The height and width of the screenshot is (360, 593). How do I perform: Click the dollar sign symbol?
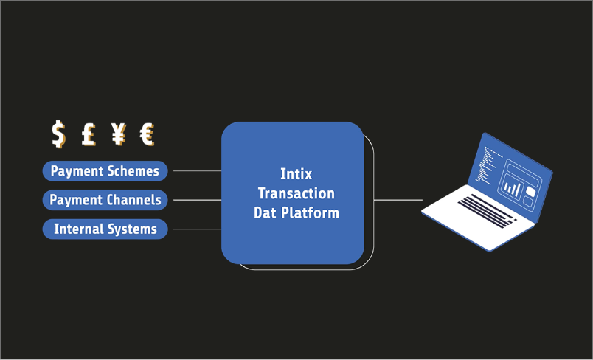coord(58,134)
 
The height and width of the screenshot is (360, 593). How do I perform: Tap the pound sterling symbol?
coord(89,134)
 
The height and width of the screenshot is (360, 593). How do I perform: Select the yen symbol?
coord(118,134)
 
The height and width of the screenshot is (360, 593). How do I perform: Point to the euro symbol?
coord(147,134)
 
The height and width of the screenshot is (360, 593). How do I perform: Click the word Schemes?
coord(132,171)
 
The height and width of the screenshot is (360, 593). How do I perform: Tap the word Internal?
coord(78,229)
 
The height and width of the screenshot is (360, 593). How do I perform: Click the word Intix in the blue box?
coord(296,174)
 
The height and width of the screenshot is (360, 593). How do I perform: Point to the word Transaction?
coord(296,193)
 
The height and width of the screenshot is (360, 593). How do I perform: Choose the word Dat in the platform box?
coord(265,212)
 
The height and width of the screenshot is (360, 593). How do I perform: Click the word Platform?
coord(310,212)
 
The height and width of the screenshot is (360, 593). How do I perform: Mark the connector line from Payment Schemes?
coord(197,171)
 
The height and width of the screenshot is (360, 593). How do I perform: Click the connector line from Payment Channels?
coord(197,200)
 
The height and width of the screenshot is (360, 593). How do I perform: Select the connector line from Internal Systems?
coord(197,229)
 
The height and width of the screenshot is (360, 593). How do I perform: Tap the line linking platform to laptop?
coord(398,200)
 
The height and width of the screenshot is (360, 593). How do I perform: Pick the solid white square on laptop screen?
coord(530,191)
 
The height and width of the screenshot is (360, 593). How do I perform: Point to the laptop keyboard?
coord(487,211)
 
